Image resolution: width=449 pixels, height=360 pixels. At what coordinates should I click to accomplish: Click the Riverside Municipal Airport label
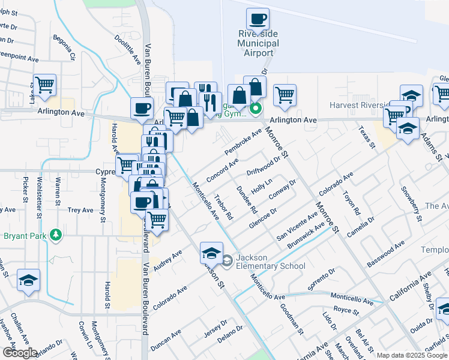258,43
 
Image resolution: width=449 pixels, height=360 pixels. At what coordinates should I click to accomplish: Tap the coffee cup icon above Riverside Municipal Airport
258,19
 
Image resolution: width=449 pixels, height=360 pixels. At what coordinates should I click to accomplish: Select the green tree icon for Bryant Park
56,234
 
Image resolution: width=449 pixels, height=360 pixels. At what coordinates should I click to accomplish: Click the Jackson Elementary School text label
270,262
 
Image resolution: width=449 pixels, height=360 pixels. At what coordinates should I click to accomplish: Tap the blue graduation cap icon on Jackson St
211,253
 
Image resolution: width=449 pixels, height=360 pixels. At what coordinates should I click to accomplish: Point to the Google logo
20,353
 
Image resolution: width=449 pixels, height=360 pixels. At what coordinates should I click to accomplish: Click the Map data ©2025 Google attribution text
412,355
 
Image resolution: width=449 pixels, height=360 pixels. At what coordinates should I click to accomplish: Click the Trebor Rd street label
223,206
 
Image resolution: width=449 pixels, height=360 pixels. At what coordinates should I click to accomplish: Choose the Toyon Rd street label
351,203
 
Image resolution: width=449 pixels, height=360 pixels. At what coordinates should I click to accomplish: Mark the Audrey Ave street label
168,260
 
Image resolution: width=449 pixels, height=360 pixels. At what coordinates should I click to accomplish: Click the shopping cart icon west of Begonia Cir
44,85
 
